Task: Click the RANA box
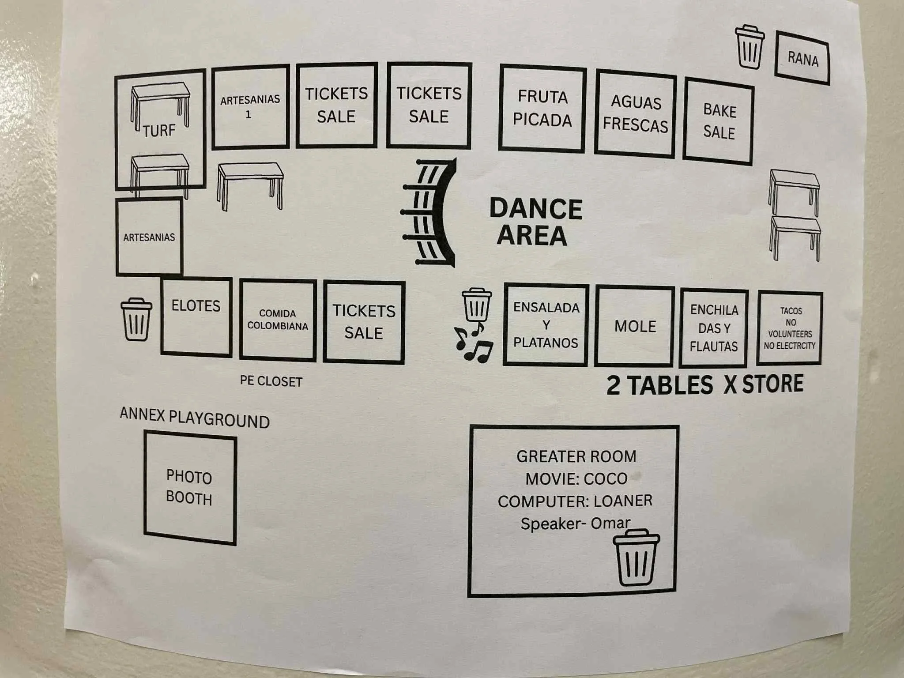802,58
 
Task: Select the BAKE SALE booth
719,121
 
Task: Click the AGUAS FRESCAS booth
635,113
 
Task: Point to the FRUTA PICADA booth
542,108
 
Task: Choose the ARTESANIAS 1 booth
250,106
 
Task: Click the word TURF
159,131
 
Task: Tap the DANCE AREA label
535,222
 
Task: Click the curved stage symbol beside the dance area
430,212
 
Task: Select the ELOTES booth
196,316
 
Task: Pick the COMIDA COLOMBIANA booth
278,320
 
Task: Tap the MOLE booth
634,326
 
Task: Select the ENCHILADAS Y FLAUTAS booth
714,328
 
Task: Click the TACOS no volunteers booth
790,328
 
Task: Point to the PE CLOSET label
271,381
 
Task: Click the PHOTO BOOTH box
190,488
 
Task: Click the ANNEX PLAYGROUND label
195,418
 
